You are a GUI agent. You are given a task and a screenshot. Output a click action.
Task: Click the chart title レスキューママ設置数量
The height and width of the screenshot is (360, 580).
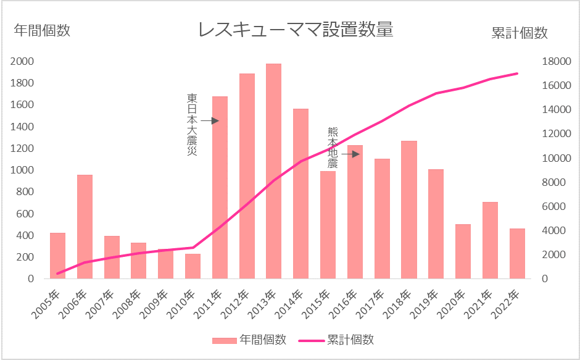295,30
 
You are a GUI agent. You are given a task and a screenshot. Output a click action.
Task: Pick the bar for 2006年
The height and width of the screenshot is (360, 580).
85,227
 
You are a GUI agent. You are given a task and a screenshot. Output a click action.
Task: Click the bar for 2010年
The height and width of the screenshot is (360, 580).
193,266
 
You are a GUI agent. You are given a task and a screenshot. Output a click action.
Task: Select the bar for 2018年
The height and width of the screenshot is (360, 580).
408,210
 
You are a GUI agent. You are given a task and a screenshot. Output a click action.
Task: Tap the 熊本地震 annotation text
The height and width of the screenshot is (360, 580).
333,148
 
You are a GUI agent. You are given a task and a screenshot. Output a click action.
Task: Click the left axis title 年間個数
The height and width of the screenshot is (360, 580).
42,31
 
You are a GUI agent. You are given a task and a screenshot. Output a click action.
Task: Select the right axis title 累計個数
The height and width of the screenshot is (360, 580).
520,33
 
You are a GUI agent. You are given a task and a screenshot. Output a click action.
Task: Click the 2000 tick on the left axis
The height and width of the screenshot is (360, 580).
22,61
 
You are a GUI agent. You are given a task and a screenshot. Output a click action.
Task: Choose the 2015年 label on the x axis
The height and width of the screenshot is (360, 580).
318,303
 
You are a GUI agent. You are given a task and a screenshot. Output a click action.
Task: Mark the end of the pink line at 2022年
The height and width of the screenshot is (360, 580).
517,73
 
